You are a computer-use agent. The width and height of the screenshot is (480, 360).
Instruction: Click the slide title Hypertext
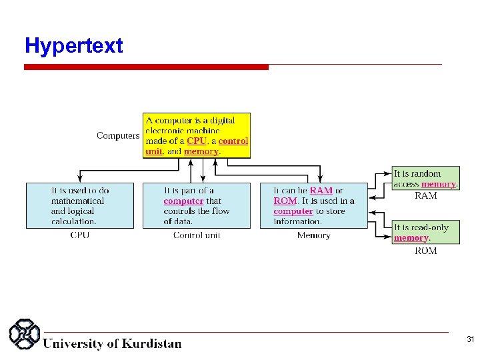(x=73, y=46)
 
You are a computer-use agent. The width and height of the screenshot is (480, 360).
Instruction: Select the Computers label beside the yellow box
(x=118, y=136)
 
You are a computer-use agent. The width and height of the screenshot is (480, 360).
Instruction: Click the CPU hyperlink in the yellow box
(x=196, y=141)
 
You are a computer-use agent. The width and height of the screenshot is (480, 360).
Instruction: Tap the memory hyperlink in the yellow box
(x=201, y=151)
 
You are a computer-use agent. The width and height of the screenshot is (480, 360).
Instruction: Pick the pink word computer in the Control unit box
(x=183, y=201)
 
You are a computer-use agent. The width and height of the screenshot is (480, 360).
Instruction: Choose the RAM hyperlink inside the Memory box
(x=321, y=191)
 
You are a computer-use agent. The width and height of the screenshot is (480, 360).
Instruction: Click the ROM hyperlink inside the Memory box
(x=285, y=201)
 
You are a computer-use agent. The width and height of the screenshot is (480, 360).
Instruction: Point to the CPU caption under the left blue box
(x=79, y=235)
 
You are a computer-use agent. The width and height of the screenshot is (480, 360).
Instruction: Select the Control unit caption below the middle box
(x=197, y=235)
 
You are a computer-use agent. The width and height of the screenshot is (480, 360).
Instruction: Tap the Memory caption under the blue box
(x=313, y=235)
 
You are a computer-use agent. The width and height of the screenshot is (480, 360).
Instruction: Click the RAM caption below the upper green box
(x=426, y=196)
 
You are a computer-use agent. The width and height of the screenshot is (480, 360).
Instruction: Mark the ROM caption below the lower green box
(x=426, y=251)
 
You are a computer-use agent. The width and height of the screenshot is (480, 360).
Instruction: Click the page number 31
(x=470, y=340)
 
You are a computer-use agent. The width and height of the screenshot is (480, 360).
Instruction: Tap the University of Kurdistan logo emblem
(x=24, y=335)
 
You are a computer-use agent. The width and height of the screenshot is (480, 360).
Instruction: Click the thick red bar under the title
(x=146, y=67)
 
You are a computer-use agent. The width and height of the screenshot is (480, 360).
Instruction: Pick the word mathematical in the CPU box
(x=78, y=201)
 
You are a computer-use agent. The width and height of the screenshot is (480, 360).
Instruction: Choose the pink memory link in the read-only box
(x=411, y=238)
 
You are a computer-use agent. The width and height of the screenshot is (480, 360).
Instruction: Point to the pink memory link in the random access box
(x=438, y=184)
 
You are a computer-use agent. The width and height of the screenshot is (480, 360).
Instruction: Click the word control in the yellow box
(x=233, y=141)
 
